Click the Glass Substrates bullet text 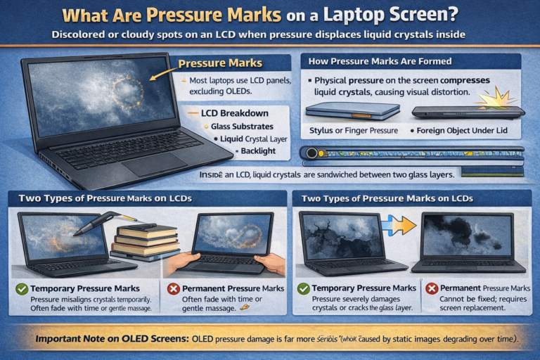242,126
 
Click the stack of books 145,240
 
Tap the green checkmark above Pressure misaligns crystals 21,288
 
